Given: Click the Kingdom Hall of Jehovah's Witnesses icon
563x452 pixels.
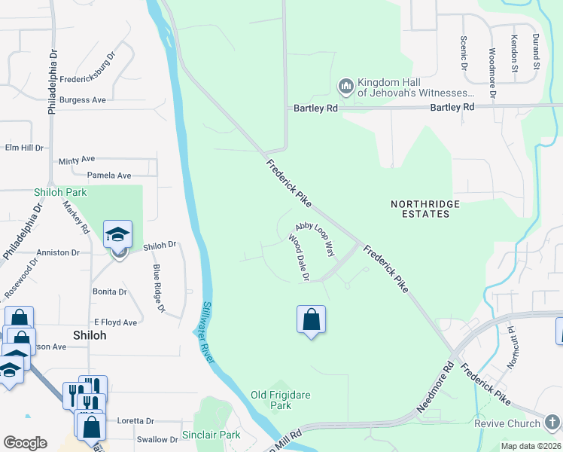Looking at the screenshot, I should [346, 87].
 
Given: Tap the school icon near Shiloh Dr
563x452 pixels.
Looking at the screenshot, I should [117, 235].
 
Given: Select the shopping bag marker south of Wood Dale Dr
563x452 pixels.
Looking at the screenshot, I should [311, 320].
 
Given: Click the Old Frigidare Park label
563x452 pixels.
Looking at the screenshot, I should [281, 400].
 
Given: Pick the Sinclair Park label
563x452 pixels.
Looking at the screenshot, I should [211, 435].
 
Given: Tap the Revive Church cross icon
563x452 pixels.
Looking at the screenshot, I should [552, 423].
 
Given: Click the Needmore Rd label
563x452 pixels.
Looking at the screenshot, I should [437, 388].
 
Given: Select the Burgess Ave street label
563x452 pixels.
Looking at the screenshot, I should [83, 100].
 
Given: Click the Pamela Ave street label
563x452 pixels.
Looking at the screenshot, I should [109, 176].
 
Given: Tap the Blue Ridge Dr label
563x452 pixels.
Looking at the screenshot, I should [158, 287].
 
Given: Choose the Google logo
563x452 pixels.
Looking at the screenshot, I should [25, 443].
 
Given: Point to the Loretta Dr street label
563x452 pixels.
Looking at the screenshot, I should [135, 421].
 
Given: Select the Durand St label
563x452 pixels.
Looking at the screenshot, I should [536, 47].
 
